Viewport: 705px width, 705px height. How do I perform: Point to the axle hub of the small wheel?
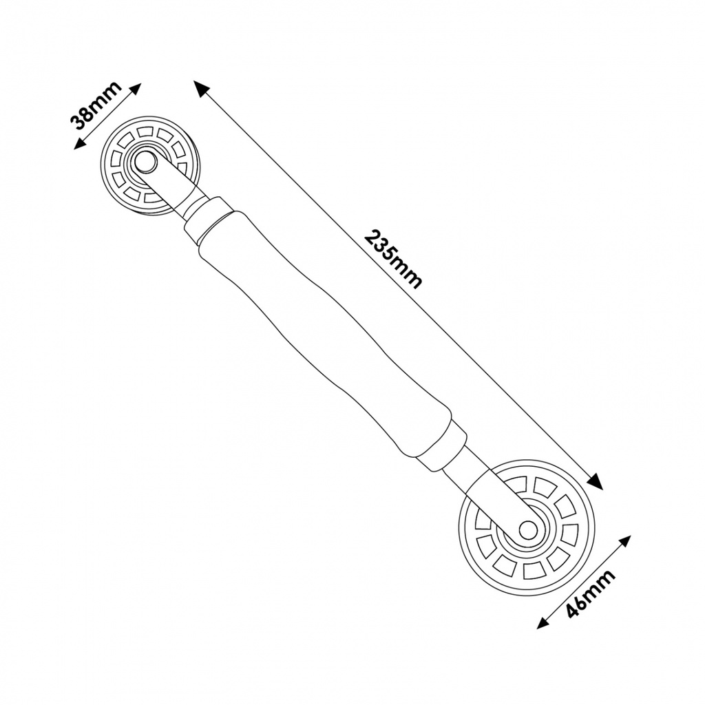click(144, 162)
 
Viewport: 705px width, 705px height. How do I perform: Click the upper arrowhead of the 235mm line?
click(200, 88)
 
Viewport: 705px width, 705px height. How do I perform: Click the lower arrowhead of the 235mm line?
click(596, 483)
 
